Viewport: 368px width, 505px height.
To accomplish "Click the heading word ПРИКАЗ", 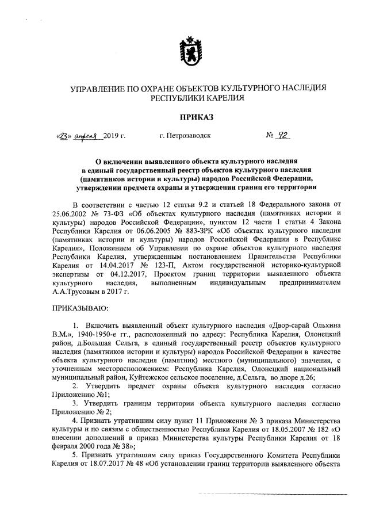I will coord(197,118).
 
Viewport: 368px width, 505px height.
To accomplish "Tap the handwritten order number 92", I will coord(282,136).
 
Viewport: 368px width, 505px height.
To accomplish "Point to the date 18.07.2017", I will coord(94,464).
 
